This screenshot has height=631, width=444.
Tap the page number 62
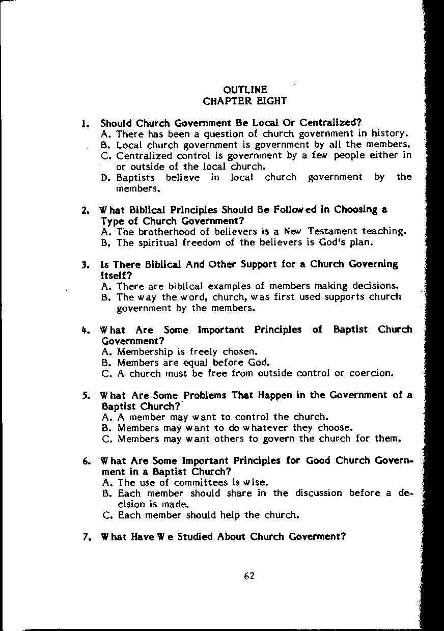pos(249,576)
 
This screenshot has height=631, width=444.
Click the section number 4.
pos(85,330)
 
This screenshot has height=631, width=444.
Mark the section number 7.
pos(86,537)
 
